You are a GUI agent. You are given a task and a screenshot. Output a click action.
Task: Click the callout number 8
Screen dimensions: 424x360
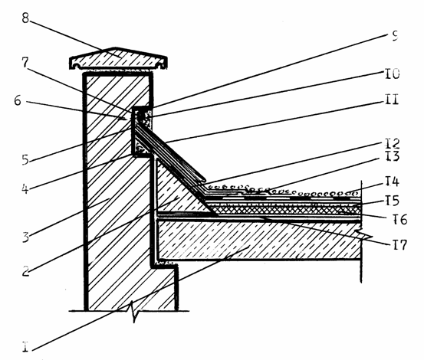(x=25, y=18)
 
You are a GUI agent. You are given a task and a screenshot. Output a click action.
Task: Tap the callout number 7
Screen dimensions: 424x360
(x=25, y=63)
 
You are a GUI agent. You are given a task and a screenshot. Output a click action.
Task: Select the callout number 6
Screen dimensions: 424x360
(x=18, y=101)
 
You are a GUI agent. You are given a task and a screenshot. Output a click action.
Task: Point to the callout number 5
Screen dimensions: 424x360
(x=25, y=159)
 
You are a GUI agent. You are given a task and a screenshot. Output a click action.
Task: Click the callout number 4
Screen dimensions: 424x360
(x=25, y=188)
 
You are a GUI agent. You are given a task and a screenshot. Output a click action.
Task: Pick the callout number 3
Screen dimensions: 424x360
(x=25, y=237)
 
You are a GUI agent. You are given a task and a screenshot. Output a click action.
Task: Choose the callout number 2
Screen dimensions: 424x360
(x=25, y=271)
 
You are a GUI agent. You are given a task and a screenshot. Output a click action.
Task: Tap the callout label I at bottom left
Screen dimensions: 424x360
(x=25, y=347)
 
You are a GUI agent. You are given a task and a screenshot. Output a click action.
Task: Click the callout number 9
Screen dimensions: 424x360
(x=395, y=36)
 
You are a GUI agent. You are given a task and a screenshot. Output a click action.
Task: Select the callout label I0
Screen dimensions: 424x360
(x=392, y=74)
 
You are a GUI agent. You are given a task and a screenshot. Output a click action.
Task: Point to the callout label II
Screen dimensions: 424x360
(x=392, y=99)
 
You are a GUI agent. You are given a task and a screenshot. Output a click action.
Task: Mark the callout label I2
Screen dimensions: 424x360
(x=392, y=143)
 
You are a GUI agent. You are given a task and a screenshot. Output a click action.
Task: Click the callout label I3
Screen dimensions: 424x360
(x=392, y=156)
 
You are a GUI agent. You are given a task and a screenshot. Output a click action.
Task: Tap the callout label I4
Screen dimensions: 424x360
(x=392, y=182)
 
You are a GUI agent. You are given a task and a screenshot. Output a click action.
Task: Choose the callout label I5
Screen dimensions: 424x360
(x=392, y=201)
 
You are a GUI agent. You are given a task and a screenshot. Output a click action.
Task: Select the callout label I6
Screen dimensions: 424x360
(x=400, y=219)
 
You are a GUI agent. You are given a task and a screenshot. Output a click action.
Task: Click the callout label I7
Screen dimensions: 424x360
(x=399, y=244)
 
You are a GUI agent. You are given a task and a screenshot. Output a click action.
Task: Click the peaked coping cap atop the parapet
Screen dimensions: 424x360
(x=118, y=59)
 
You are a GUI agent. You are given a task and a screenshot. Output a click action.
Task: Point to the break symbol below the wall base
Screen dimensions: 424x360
(x=135, y=312)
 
